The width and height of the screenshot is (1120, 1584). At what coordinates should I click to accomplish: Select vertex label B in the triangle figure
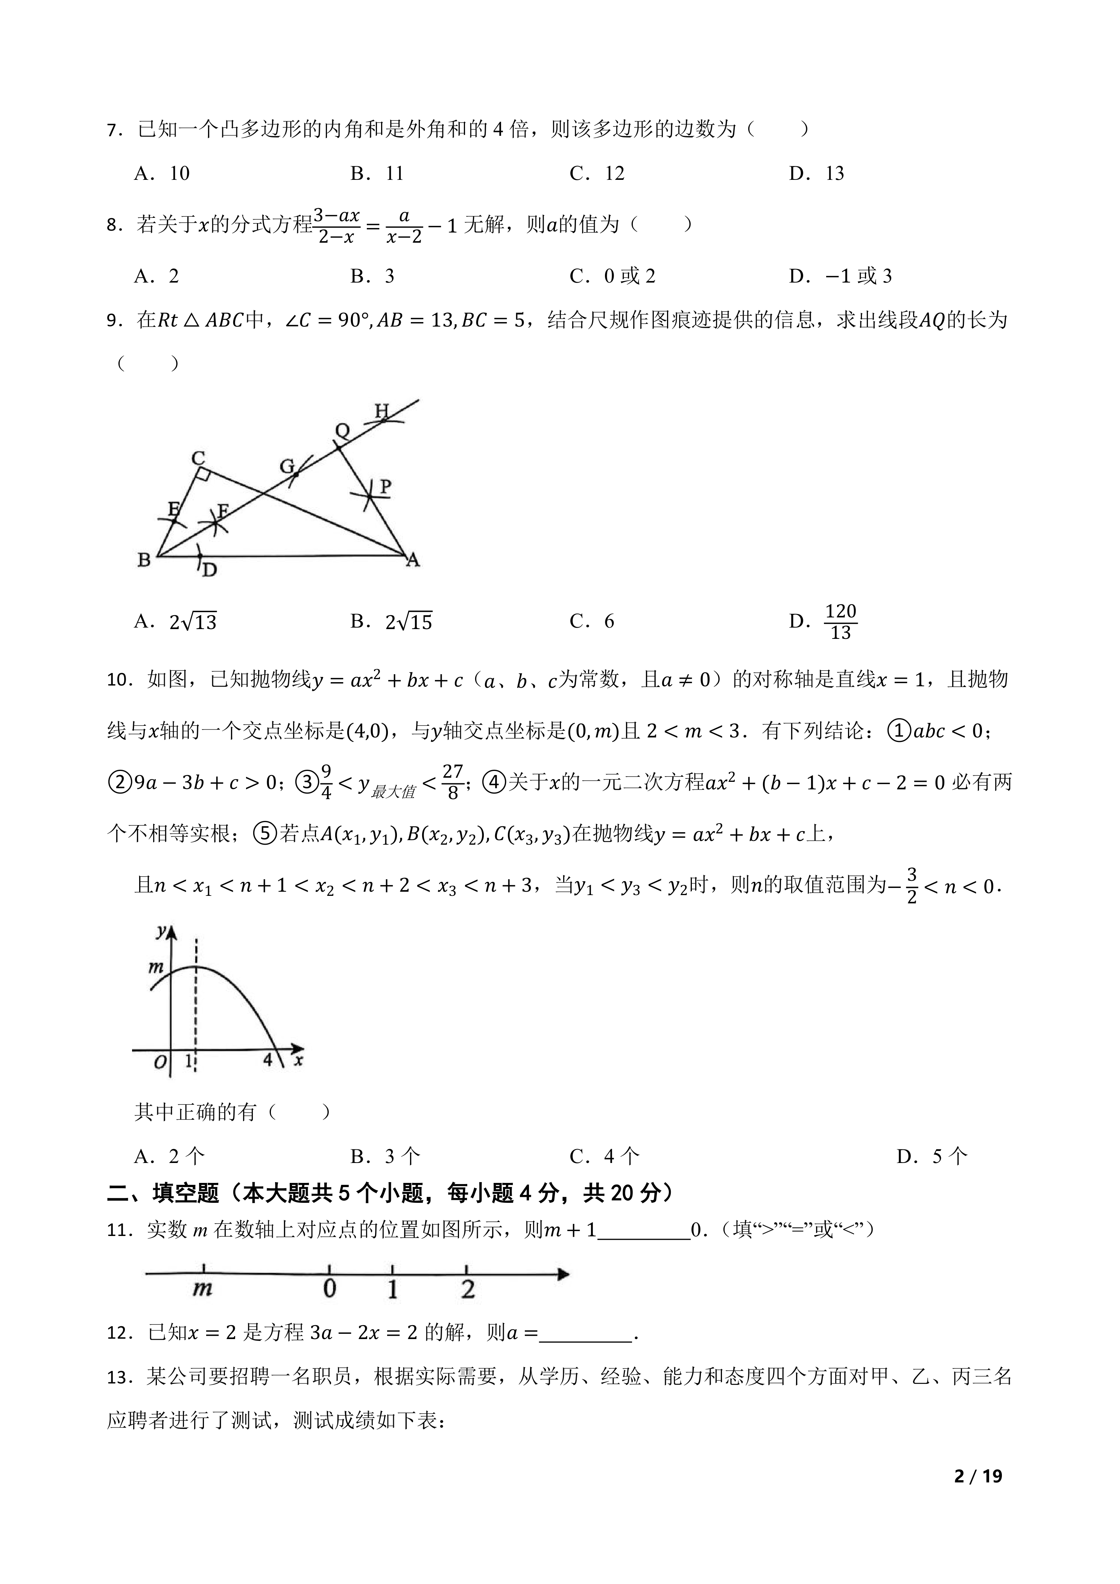tap(144, 559)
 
